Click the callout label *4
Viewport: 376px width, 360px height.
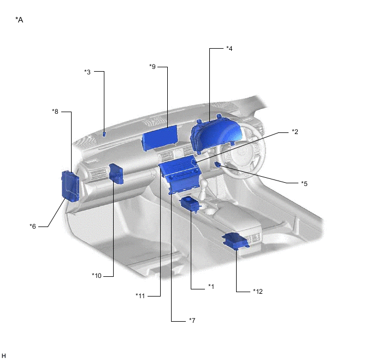tap(229, 49)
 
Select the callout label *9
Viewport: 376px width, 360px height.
tap(152, 67)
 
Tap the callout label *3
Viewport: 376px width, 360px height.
tap(87, 72)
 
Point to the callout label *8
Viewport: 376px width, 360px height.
tap(55, 112)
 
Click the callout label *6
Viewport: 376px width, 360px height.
tap(33, 227)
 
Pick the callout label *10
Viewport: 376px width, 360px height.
tap(97, 276)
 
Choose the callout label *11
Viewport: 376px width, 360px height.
tap(140, 296)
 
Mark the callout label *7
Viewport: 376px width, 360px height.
tap(192, 321)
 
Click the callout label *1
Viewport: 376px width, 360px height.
tap(211, 286)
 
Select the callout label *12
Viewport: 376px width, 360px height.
tap(258, 292)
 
